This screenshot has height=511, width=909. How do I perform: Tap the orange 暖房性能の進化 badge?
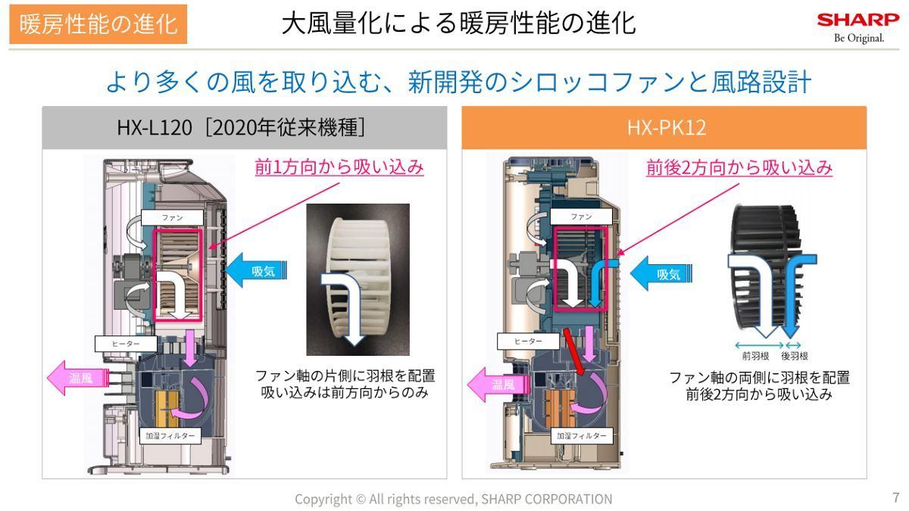98,23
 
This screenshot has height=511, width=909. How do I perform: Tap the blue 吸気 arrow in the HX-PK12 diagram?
661,274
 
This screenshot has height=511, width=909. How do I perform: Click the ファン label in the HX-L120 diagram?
172,217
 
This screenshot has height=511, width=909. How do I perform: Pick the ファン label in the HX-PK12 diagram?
580,217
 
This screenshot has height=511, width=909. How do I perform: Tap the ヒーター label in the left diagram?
126,344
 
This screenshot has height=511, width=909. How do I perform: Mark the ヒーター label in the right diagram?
528,341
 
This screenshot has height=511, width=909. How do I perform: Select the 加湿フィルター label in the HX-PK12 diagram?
581,435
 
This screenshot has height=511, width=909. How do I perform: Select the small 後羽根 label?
794,355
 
